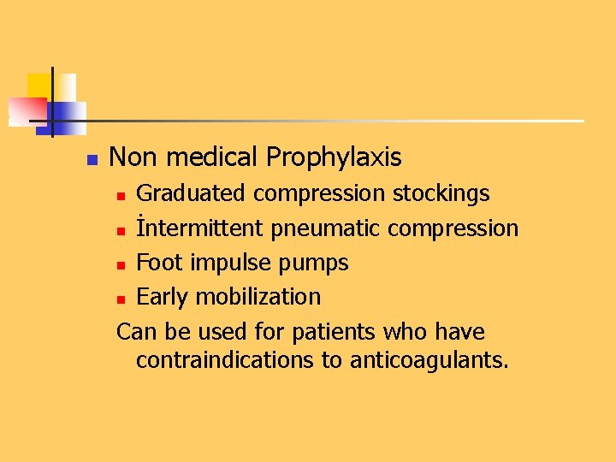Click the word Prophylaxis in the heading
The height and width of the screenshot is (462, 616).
(x=334, y=157)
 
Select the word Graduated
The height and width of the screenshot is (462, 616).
(x=192, y=193)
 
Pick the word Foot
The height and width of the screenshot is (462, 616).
(x=160, y=263)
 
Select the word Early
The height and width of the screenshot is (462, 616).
(x=163, y=297)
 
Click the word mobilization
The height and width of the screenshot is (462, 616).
(x=258, y=297)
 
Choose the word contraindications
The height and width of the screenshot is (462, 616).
(x=226, y=360)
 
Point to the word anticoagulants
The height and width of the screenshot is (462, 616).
(x=429, y=360)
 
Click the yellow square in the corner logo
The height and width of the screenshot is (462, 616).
(x=39, y=85)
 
